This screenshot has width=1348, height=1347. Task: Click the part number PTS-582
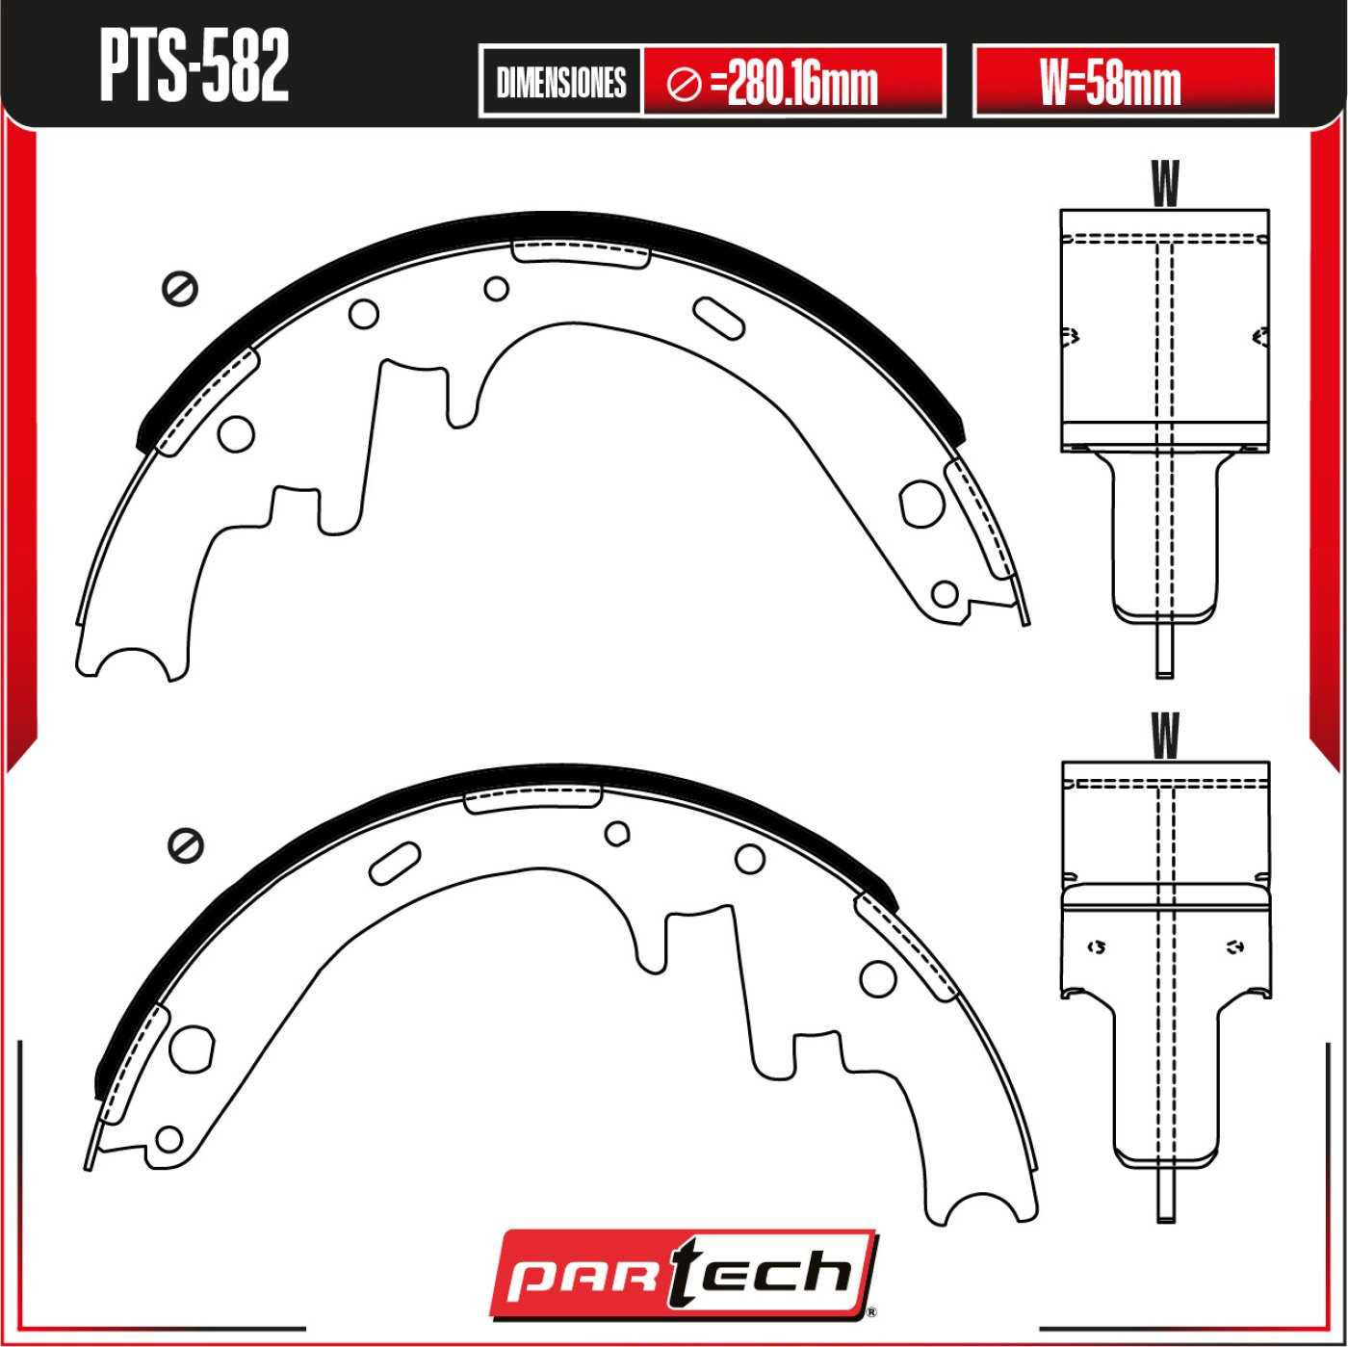coord(194,67)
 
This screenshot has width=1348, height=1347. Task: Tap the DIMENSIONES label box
coord(560,82)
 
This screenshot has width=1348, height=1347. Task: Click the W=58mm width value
coord(1111,83)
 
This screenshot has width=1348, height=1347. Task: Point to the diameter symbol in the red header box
coord(685,86)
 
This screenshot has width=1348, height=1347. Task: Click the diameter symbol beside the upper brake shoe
coord(180,288)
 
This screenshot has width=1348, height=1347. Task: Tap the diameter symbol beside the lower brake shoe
coord(186,846)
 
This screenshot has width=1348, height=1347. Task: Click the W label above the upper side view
coord(1165,183)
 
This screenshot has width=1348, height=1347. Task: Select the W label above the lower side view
coord(1165,736)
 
